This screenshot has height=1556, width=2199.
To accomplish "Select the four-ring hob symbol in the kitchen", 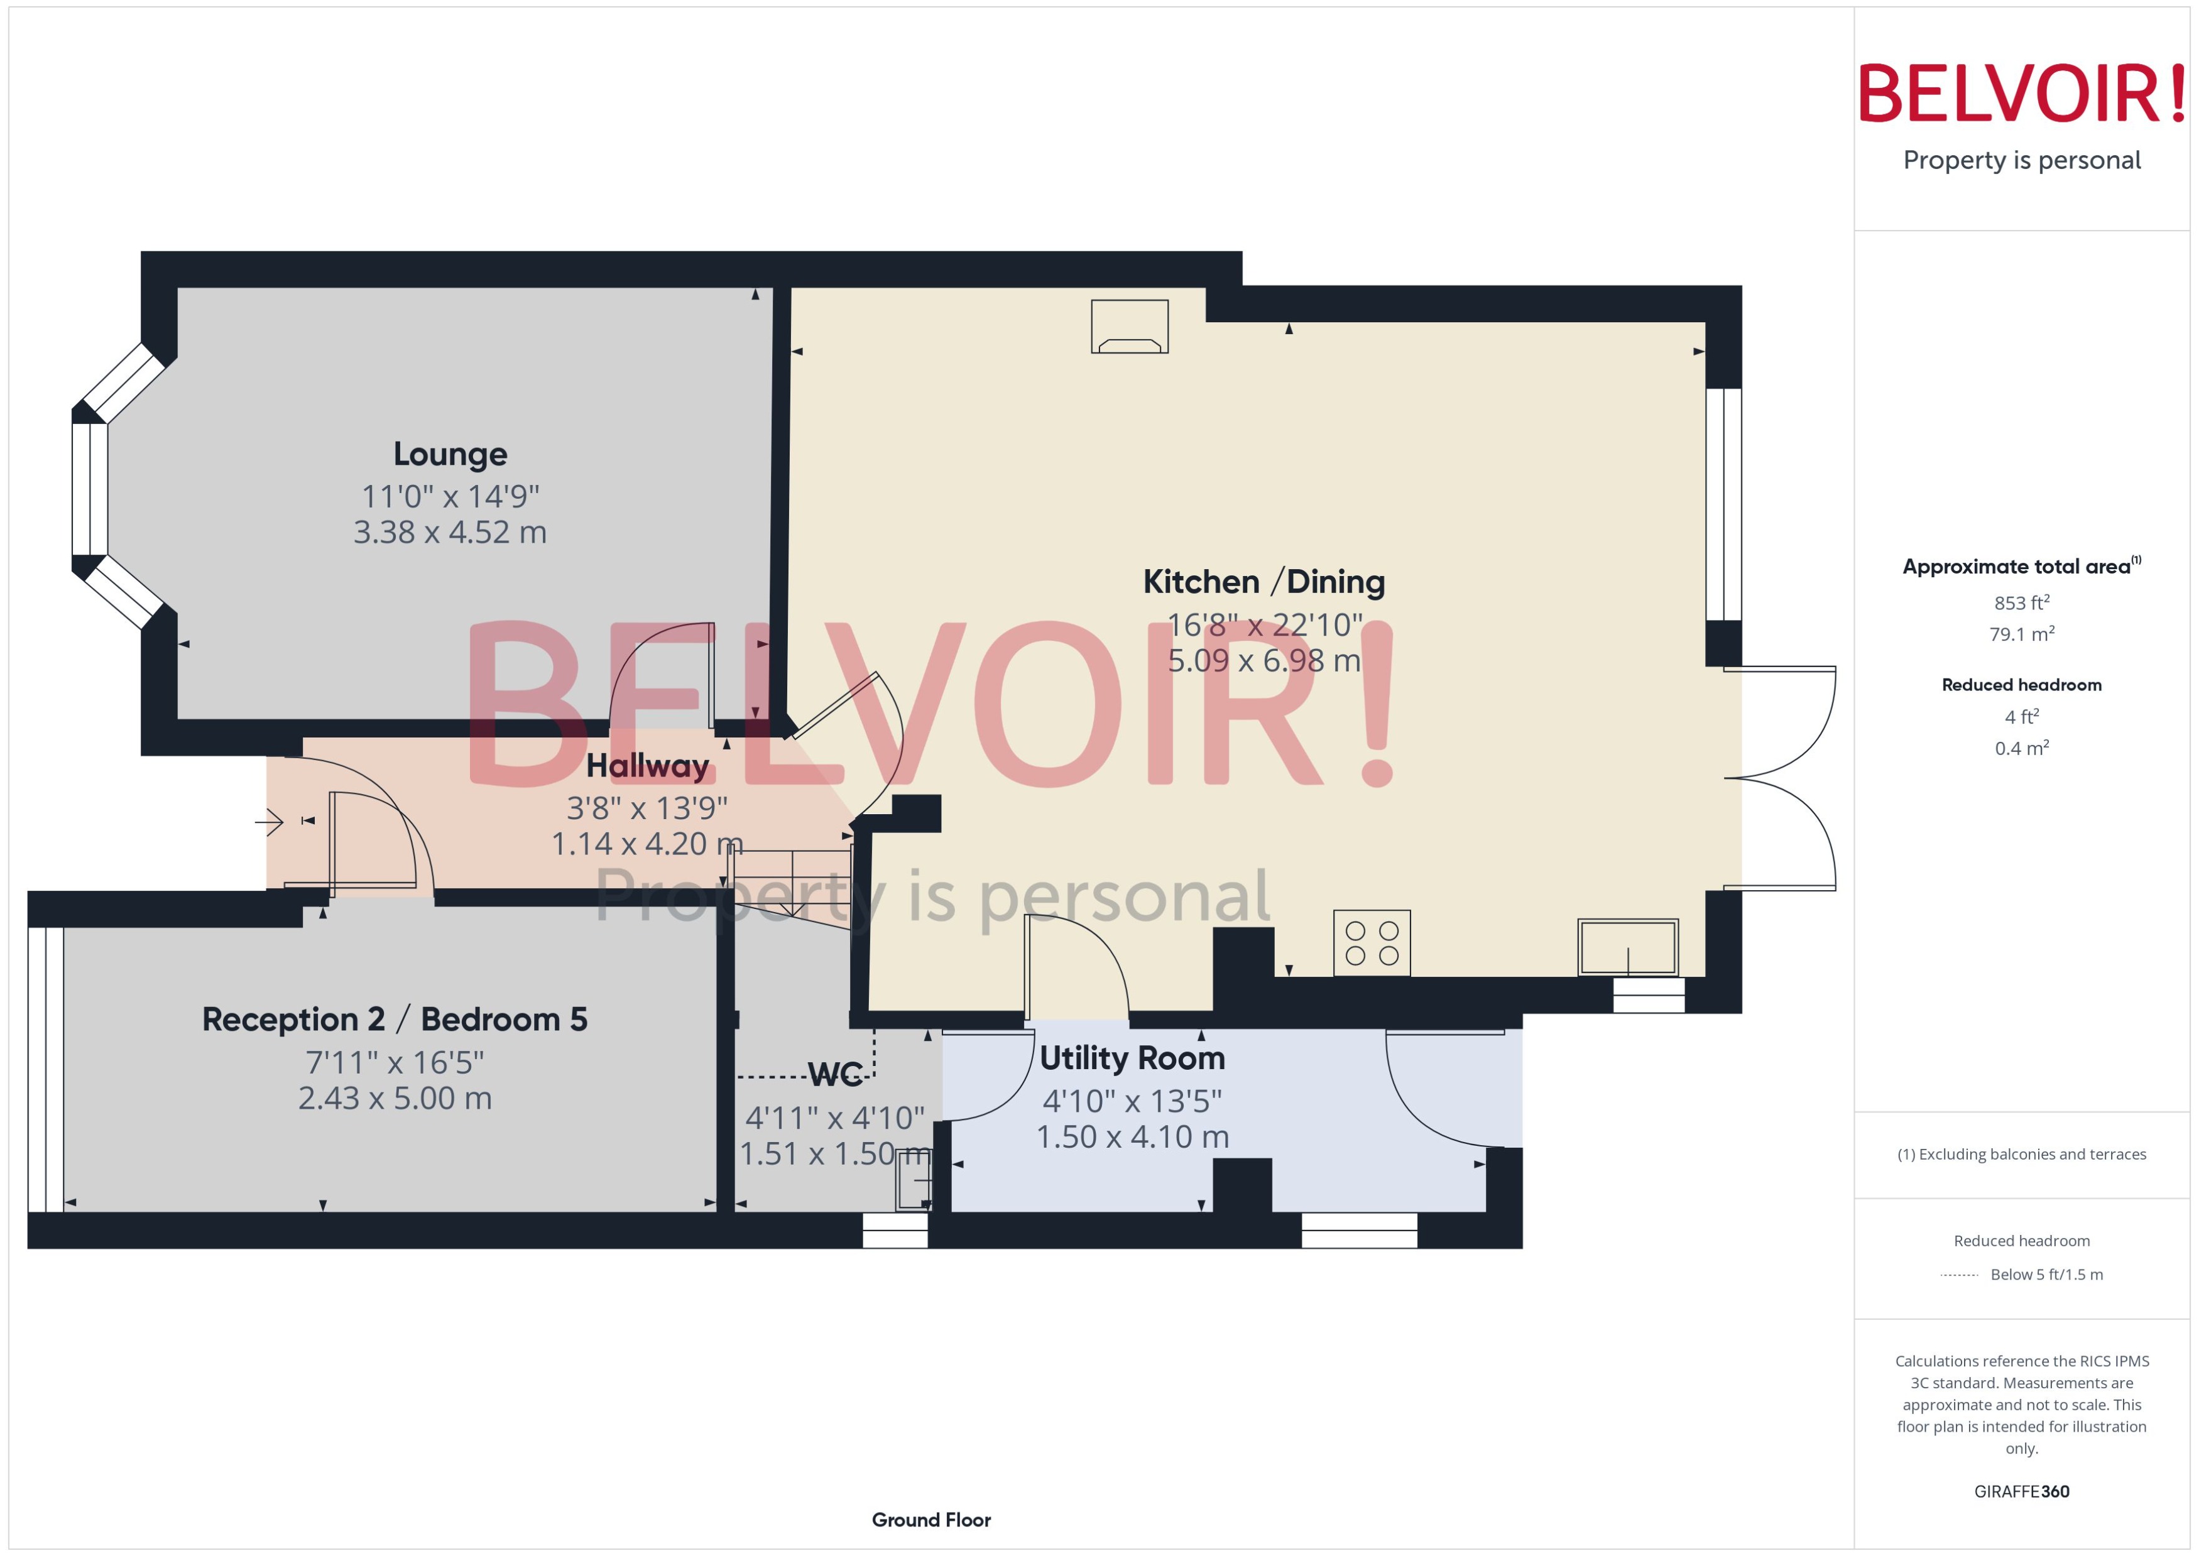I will [1371, 943].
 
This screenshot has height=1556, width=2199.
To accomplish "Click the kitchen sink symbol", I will [1627, 947].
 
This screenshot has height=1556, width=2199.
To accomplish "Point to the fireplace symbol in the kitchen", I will [1129, 327].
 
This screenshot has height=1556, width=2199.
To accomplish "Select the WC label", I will [834, 1074].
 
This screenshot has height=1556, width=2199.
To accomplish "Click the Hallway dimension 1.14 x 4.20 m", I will [646, 843].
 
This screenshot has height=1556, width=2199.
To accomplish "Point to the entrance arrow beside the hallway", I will [270, 821].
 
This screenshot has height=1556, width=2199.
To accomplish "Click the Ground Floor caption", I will [930, 1520].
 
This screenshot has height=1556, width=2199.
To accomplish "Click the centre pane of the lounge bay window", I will [89, 489].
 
